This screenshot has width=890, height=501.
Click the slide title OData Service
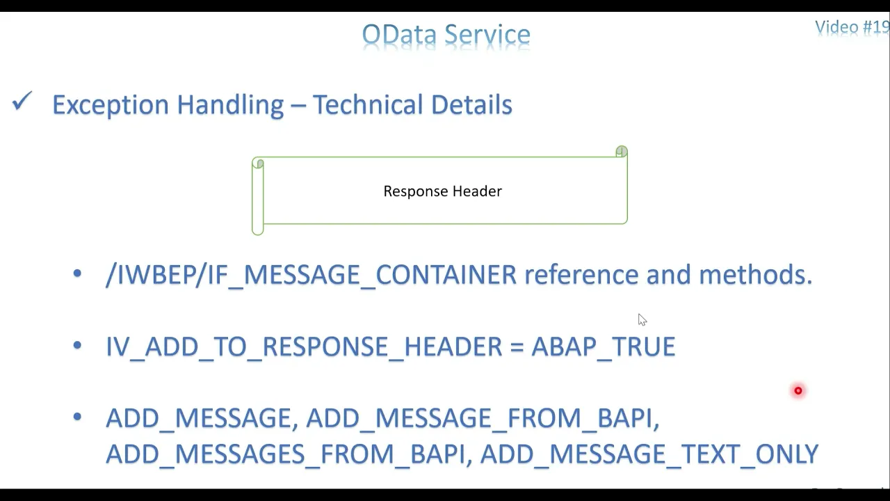pos(446,35)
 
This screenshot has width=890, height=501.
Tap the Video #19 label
pos(852,28)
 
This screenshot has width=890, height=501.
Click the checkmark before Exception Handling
pos(22,101)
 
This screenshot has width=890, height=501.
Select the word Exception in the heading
pos(111,105)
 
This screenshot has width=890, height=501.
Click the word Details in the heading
pos(471,104)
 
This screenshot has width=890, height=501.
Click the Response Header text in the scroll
pos(443,191)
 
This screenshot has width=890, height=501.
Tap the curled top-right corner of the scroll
pos(622,151)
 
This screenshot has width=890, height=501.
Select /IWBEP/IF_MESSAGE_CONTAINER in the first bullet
pos(311,275)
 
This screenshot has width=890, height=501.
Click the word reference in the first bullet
pos(582,275)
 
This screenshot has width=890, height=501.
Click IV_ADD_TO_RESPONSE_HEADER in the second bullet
pos(304,347)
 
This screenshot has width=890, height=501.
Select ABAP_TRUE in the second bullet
pos(603,347)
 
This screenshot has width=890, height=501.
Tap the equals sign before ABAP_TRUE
pos(517,347)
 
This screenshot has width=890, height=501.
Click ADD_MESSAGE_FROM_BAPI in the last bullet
pos(483,418)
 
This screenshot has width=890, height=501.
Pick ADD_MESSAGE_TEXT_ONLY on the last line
pos(649,454)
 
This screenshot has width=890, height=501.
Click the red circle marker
pos(798,391)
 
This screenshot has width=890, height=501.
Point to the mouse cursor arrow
pos(642,319)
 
